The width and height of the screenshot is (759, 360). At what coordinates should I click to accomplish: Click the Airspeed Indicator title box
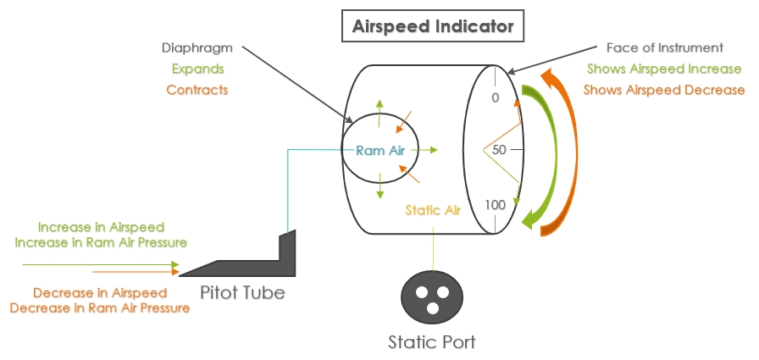click(x=433, y=26)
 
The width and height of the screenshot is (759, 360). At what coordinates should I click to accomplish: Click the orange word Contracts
click(x=197, y=89)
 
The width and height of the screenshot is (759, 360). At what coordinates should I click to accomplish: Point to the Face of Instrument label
click(x=664, y=48)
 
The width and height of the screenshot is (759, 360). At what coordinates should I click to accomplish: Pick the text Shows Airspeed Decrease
click(x=664, y=89)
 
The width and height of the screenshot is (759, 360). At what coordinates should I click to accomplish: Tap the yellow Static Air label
click(x=433, y=210)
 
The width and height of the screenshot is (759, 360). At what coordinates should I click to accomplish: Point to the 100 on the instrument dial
click(x=496, y=205)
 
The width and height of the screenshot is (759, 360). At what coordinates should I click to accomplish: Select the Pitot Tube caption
click(x=243, y=293)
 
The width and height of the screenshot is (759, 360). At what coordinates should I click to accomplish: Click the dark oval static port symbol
click(x=434, y=296)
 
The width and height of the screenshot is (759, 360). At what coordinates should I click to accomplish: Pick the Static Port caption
click(x=432, y=343)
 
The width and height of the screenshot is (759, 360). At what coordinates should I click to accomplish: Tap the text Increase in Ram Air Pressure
click(x=101, y=243)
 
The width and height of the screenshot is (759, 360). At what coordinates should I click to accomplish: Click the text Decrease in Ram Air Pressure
click(x=100, y=307)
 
